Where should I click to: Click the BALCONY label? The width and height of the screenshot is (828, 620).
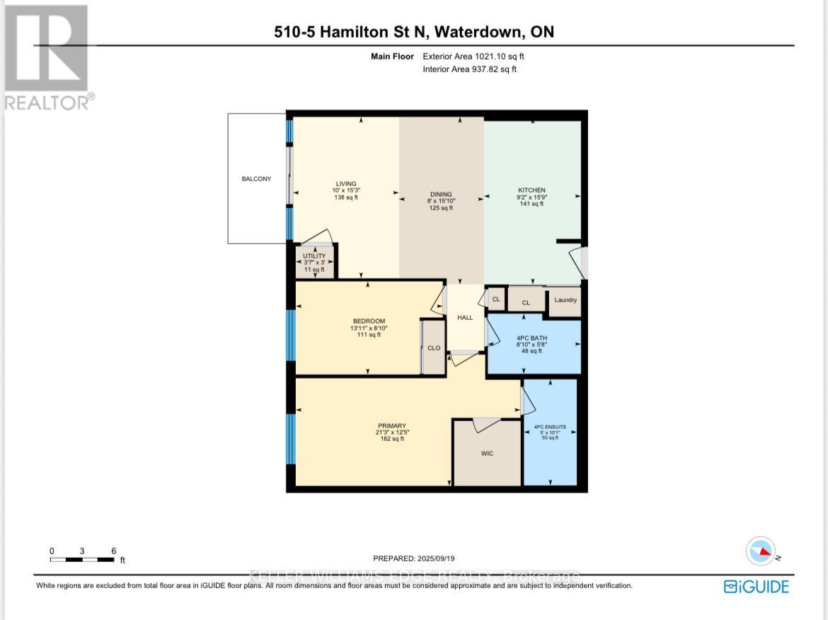256,179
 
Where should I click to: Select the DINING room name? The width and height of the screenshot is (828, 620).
441,195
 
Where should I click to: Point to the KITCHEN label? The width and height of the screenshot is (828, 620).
531,190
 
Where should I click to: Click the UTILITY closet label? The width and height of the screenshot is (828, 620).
314,256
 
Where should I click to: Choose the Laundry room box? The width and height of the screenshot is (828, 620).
565,300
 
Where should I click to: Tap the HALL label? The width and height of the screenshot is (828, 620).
465,318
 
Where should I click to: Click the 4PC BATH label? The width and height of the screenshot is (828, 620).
531,338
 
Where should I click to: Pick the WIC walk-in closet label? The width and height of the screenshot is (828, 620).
488,454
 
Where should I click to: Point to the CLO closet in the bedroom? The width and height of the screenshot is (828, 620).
433,348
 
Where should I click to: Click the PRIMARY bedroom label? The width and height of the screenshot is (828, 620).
391,425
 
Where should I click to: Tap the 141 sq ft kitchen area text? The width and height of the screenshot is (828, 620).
531,204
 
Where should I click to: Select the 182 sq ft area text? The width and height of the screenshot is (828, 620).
391,439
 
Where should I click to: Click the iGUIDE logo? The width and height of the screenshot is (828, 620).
756,587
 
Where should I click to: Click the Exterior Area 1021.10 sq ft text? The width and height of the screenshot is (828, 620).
473,56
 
